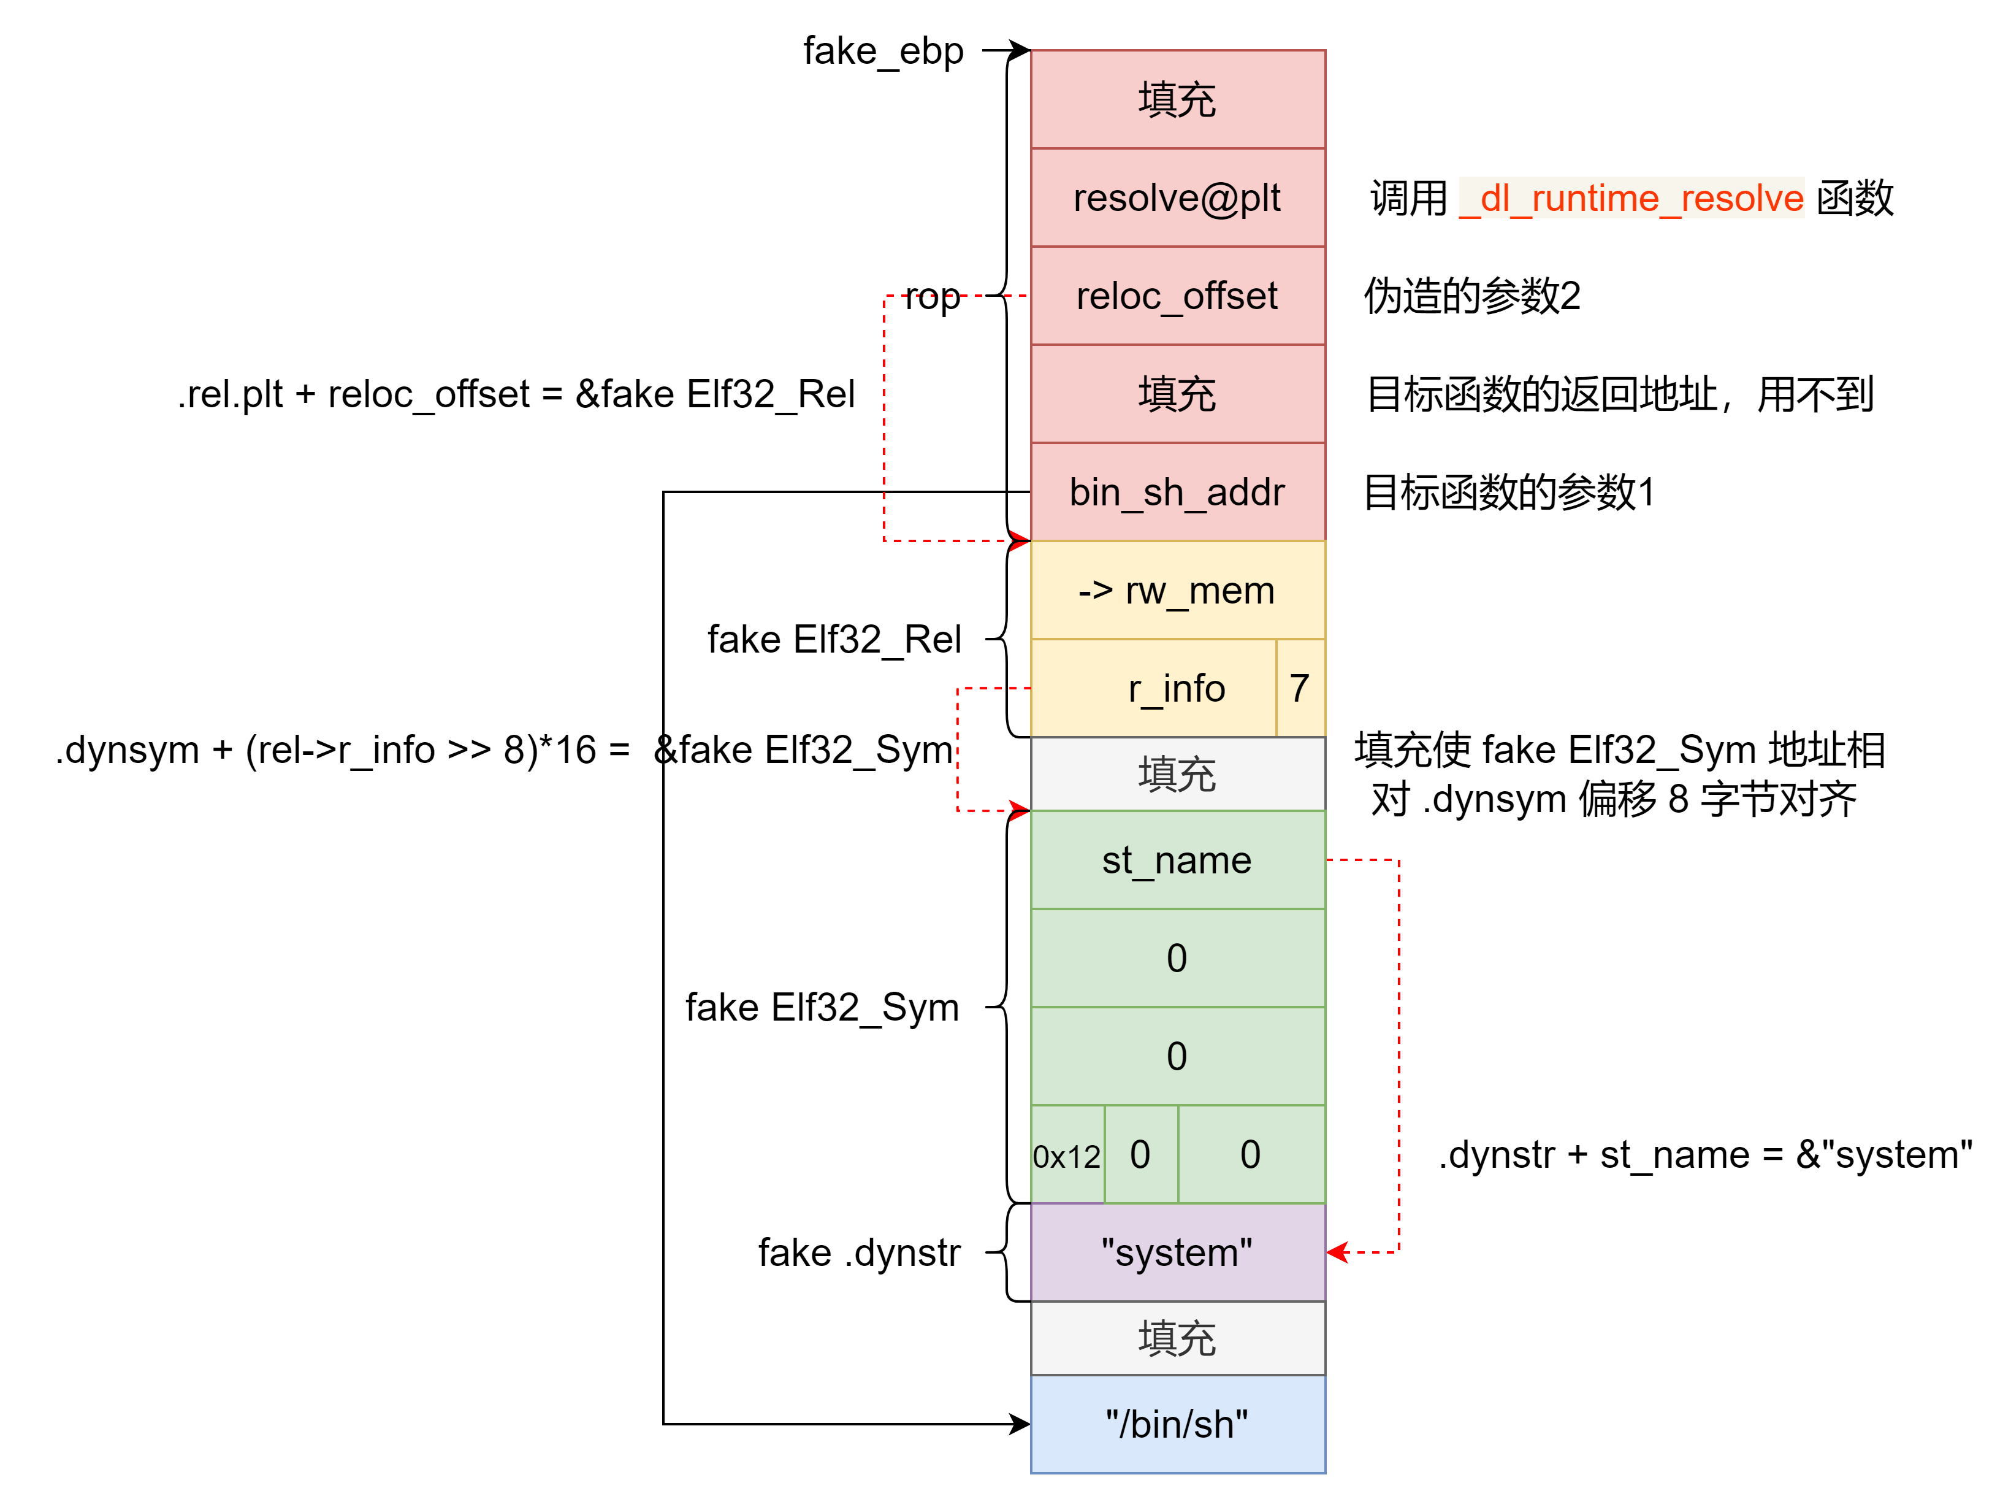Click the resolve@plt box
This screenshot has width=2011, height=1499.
1177,198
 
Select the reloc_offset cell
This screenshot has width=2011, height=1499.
1177,296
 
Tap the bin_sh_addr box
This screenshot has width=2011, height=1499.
1177,492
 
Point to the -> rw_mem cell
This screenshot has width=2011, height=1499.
1177,591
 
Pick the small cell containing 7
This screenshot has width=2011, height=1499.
1300,689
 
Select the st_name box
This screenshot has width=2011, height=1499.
1177,860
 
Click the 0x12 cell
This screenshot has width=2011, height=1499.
1067,1155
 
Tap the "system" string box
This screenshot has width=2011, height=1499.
1177,1252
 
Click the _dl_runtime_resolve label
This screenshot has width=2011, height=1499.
1631,198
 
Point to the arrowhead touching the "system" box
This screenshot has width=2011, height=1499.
1337,1252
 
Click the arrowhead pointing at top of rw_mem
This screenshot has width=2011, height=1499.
1020,541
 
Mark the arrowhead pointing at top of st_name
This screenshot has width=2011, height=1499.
1020,810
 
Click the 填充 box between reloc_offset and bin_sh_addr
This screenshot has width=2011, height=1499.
1177,394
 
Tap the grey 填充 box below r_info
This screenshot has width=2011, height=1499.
1177,774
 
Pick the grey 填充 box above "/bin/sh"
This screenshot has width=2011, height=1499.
1177,1338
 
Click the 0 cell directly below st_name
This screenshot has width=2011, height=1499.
1177,958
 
